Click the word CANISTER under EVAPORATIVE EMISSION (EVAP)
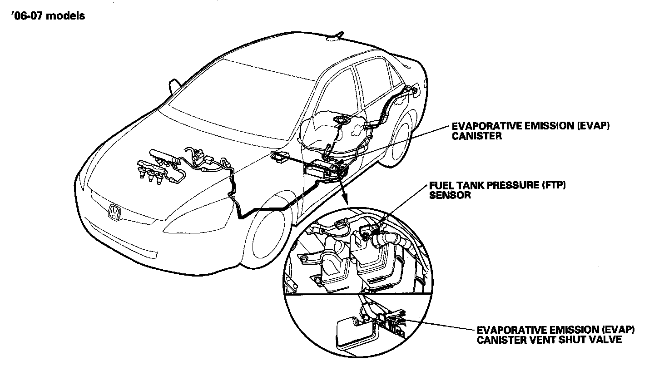[x=477, y=136]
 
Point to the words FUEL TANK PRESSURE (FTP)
[x=493, y=186]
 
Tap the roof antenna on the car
[x=337, y=36]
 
